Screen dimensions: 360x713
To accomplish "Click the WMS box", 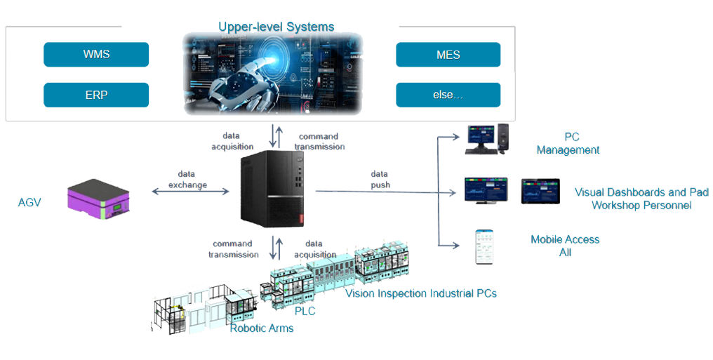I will tap(96, 54).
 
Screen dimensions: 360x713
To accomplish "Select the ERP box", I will tap(96, 95).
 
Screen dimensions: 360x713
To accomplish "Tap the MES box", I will tap(448, 54).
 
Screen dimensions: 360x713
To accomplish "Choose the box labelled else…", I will tap(448, 95).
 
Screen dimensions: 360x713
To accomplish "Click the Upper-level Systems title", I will tap(276, 27).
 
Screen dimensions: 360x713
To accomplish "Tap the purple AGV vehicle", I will tap(106, 197).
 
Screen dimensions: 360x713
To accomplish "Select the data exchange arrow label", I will tap(187, 180).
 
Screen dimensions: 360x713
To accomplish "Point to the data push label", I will tap(381, 179).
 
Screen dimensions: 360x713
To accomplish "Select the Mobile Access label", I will tap(565, 239).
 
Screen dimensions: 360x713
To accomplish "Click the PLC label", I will tap(300, 309).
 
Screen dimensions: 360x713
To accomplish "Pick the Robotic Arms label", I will tap(262, 327).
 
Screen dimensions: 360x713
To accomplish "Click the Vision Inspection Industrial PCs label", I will tap(420, 293).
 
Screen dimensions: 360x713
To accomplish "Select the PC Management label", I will tap(568, 144).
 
